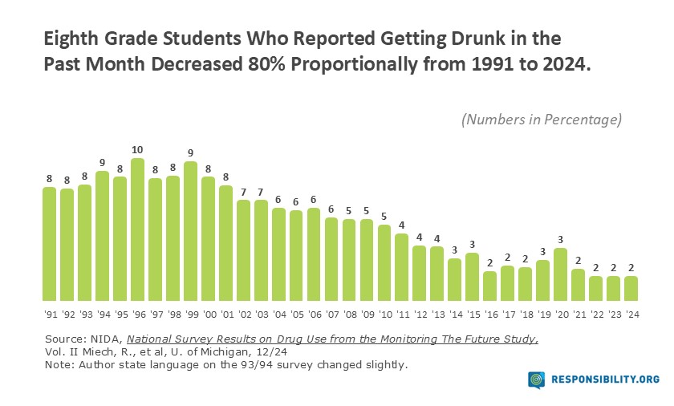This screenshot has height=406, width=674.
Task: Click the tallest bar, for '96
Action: [x=137, y=229]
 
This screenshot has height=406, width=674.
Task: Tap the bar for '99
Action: [x=190, y=230]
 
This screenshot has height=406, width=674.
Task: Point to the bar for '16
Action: [x=490, y=286]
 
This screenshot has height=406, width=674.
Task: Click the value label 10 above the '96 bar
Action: [x=137, y=150]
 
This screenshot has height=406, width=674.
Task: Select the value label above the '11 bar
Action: [x=402, y=225]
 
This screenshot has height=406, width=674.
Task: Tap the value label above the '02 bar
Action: [x=243, y=192]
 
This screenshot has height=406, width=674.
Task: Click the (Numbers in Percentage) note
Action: [x=542, y=120]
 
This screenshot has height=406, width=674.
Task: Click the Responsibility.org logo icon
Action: [x=538, y=380]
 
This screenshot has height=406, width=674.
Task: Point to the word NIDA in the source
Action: [x=104, y=339]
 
